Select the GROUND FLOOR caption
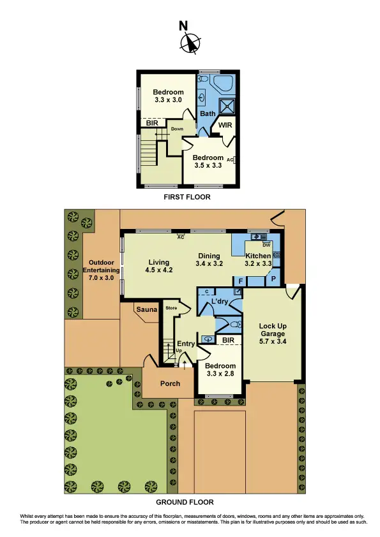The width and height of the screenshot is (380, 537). pyautogui.click(x=188, y=502)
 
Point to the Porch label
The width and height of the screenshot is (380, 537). pyautogui.click(x=170, y=383)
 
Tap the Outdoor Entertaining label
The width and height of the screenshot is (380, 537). pyautogui.click(x=101, y=270)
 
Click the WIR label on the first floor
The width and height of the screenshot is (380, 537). pyautogui.click(x=225, y=125)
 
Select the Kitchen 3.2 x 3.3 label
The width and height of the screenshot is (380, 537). pyautogui.click(x=259, y=259)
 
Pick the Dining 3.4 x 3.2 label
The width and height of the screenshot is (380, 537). pyautogui.click(x=208, y=259)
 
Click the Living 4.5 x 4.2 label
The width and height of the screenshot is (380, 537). pyautogui.click(x=159, y=266)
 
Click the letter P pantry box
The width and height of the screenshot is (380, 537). pyautogui.click(x=273, y=279)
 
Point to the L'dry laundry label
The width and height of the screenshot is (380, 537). pyautogui.click(x=220, y=301)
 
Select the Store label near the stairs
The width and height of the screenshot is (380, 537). pyautogui.click(x=171, y=309)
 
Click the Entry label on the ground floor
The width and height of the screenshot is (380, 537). pyautogui.click(x=186, y=344)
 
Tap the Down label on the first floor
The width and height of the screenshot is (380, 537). pyautogui.click(x=177, y=129)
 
